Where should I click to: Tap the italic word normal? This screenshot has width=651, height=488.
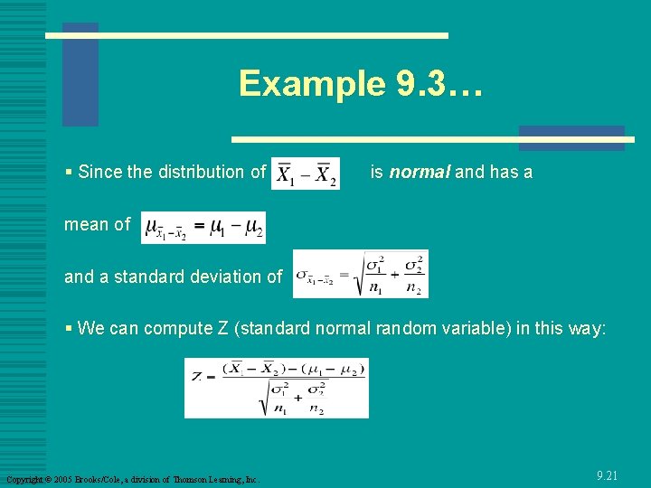point(420,172)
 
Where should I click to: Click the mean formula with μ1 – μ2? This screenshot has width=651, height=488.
point(203,227)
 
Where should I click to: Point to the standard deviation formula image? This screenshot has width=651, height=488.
point(360,274)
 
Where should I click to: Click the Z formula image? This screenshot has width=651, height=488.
point(277,388)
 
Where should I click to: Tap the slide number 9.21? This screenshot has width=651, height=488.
point(608,474)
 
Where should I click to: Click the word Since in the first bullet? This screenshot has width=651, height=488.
point(99,172)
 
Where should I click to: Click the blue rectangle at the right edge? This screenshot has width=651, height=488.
point(571,137)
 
